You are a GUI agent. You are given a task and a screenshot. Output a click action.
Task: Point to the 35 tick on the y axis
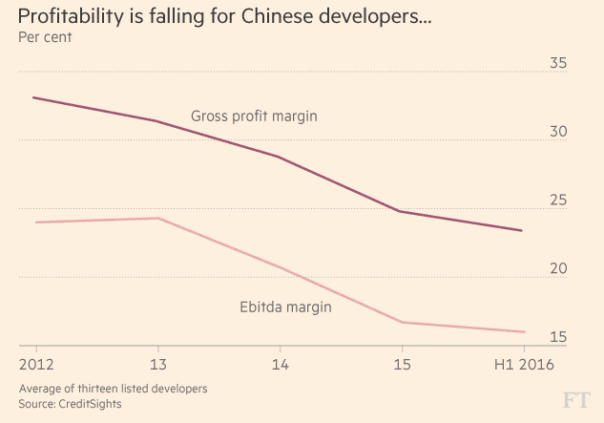pos(557,64)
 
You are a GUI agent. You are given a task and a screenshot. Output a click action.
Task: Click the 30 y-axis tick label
pos(557,133)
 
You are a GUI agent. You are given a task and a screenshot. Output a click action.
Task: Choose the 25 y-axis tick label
pos(557,201)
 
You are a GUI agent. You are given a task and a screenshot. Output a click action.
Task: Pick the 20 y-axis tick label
pos(557,269)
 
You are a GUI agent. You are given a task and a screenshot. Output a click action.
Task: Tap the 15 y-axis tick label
pos(557,337)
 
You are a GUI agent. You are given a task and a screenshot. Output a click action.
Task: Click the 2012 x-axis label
pos(35,364)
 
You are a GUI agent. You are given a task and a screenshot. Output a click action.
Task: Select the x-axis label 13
pos(156,364)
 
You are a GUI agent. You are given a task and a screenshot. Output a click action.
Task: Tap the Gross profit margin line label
pos(254,116)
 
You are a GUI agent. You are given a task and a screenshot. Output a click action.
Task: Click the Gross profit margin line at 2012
pos(35,97)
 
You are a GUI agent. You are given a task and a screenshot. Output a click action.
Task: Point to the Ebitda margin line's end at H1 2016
pos(524,332)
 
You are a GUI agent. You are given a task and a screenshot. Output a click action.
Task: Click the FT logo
pos(574,398)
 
